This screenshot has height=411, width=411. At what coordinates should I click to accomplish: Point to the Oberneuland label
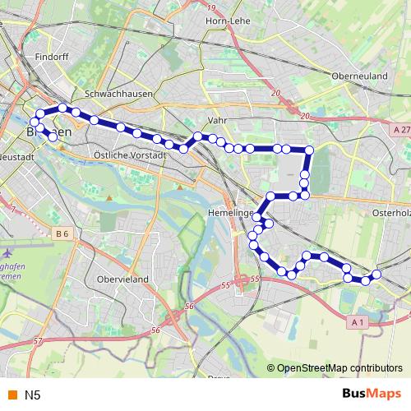click(358, 76)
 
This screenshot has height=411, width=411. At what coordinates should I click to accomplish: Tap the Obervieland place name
click(122, 279)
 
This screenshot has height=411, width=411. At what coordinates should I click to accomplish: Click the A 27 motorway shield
click(401, 130)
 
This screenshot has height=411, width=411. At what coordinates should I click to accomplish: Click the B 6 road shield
click(63, 234)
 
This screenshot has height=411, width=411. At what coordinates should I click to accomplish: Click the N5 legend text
click(32, 395)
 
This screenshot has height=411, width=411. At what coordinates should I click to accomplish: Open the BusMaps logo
click(371, 395)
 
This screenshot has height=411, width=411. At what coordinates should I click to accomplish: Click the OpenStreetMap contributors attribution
click(339, 368)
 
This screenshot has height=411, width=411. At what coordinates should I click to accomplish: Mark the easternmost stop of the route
click(377, 274)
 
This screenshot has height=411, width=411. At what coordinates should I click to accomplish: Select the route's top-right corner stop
click(310, 150)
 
